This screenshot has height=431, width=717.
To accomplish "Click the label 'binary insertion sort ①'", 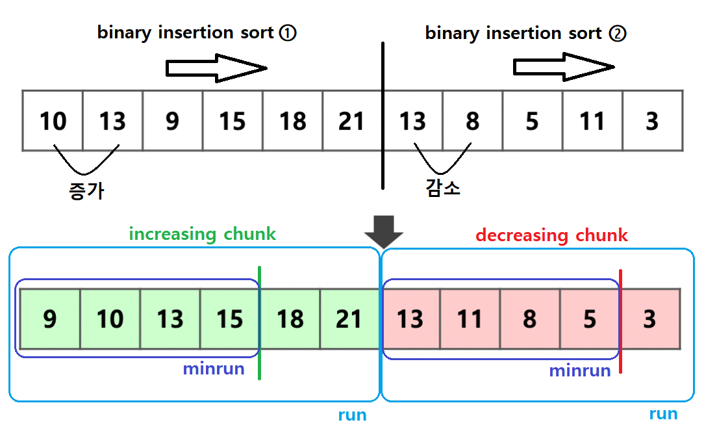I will [x=197, y=33].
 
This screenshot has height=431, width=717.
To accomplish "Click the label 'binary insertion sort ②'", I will [x=525, y=33].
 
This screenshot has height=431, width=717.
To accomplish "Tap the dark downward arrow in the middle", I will [x=384, y=229].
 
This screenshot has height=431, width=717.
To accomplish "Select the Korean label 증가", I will [x=86, y=191].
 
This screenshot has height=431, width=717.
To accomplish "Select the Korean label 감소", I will [x=443, y=189].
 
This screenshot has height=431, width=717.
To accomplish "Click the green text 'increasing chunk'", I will [x=203, y=234].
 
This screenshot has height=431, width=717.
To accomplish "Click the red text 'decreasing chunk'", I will [x=551, y=235].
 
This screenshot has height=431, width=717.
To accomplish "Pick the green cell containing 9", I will [x=50, y=319].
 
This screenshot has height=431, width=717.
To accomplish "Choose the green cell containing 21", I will [x=349, y=319].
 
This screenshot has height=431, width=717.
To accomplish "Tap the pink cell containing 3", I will [x=650, y=319].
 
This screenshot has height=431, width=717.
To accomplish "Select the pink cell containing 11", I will [x=470, y=319].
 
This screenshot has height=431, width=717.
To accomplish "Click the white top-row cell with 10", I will [x=53, y=121].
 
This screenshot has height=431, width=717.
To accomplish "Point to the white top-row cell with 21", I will [x=352, y=121].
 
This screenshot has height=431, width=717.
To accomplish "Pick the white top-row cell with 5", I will [x=532, y=121].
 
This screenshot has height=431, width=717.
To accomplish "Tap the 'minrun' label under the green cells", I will [x=214, y=369].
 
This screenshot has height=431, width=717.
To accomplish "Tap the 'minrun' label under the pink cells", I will [x=580, y=371].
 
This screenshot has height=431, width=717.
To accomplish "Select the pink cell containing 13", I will [x=410, y=319].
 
